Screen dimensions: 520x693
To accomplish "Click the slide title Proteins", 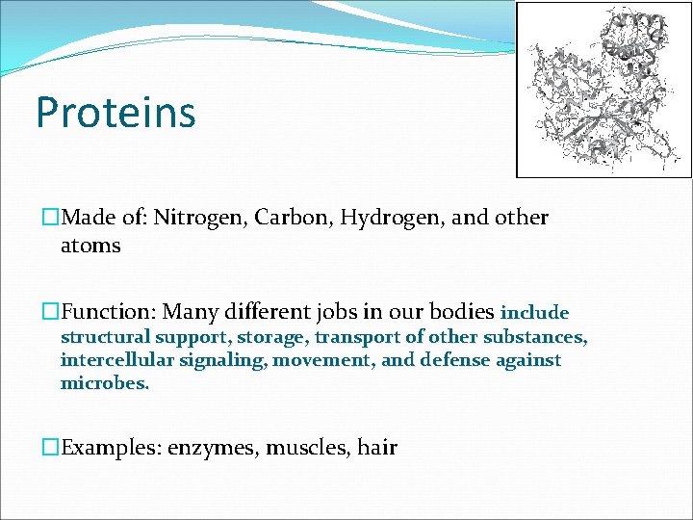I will [x=115, y=112].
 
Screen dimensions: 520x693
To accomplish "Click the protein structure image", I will [x=603, y=90].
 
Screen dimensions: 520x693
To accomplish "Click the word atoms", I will [x=90, y=246].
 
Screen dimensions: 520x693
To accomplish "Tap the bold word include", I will [x=535, y=313].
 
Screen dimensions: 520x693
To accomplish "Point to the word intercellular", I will [x=115, y=360].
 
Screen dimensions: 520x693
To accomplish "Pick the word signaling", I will [x=220, y=361].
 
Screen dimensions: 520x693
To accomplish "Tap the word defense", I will [x=454, y=360].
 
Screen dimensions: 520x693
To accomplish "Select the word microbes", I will [x=105, y=383].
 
